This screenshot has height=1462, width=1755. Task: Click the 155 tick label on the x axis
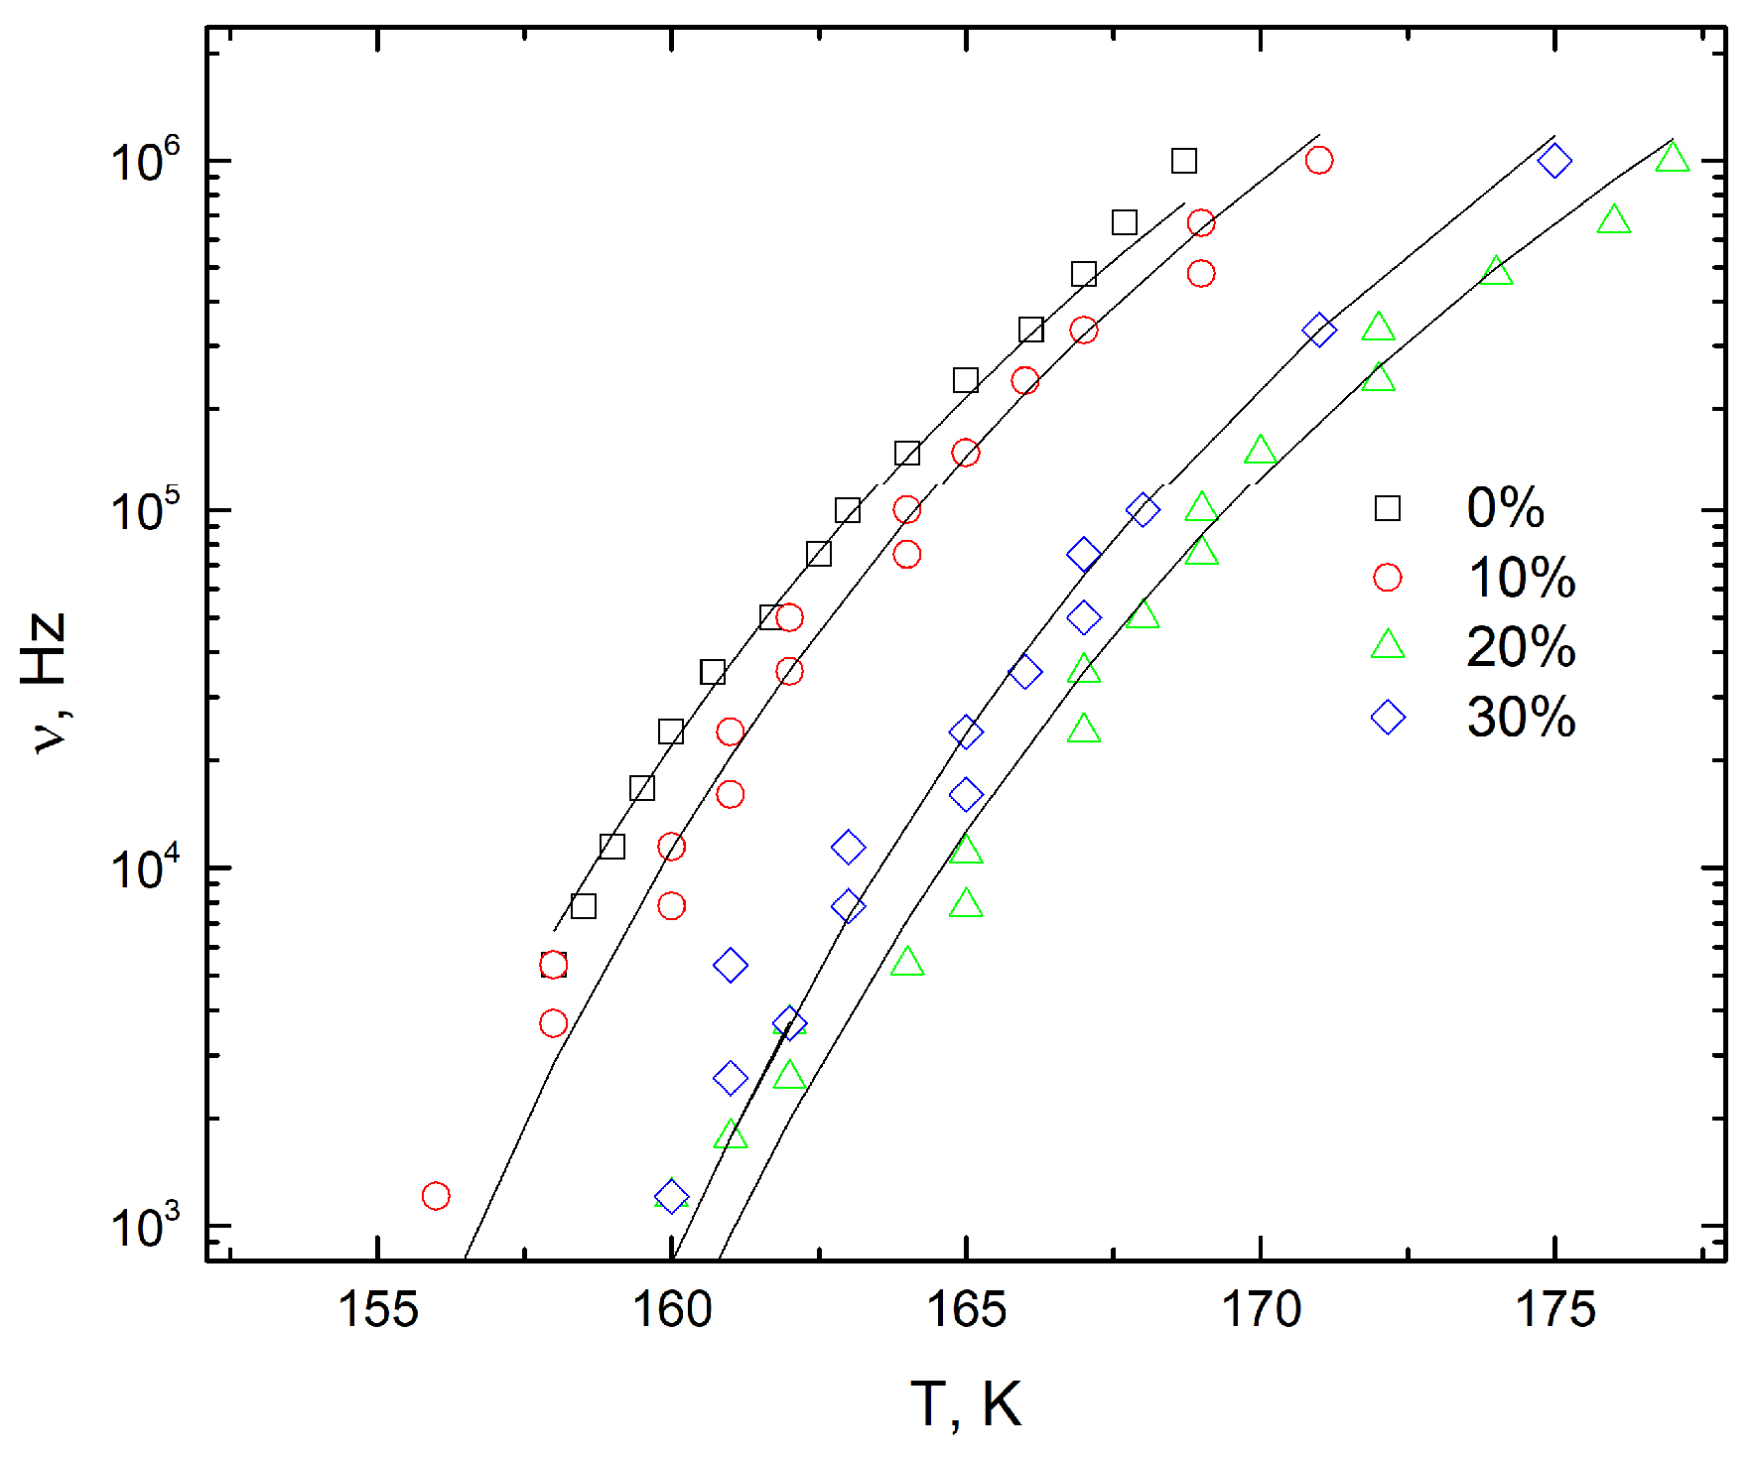point(377,1310)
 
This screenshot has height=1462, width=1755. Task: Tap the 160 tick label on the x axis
point(672,1310)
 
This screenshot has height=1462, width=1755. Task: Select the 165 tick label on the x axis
point(966,1310)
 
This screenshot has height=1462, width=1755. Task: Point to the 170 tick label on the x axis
point(1261,1310)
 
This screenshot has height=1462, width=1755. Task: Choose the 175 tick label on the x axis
point(1554,1310)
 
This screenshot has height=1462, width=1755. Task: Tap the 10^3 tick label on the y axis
point(145,1226)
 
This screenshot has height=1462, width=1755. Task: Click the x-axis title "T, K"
point(966,1404)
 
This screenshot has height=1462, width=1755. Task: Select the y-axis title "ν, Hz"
point(45,682)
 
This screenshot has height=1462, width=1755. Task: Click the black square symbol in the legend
point(1388,508)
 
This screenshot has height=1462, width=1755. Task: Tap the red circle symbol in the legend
point(1388,578)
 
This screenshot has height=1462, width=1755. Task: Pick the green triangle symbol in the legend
point(1388,646)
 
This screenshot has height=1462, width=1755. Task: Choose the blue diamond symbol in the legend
point(1388,717)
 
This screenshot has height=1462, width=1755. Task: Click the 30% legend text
point(1521,717)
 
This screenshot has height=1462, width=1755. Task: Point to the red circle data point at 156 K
point(436,1196)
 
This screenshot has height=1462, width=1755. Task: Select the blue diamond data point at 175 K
point(1554,161)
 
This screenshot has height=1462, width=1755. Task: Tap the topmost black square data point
point(1183,161)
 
